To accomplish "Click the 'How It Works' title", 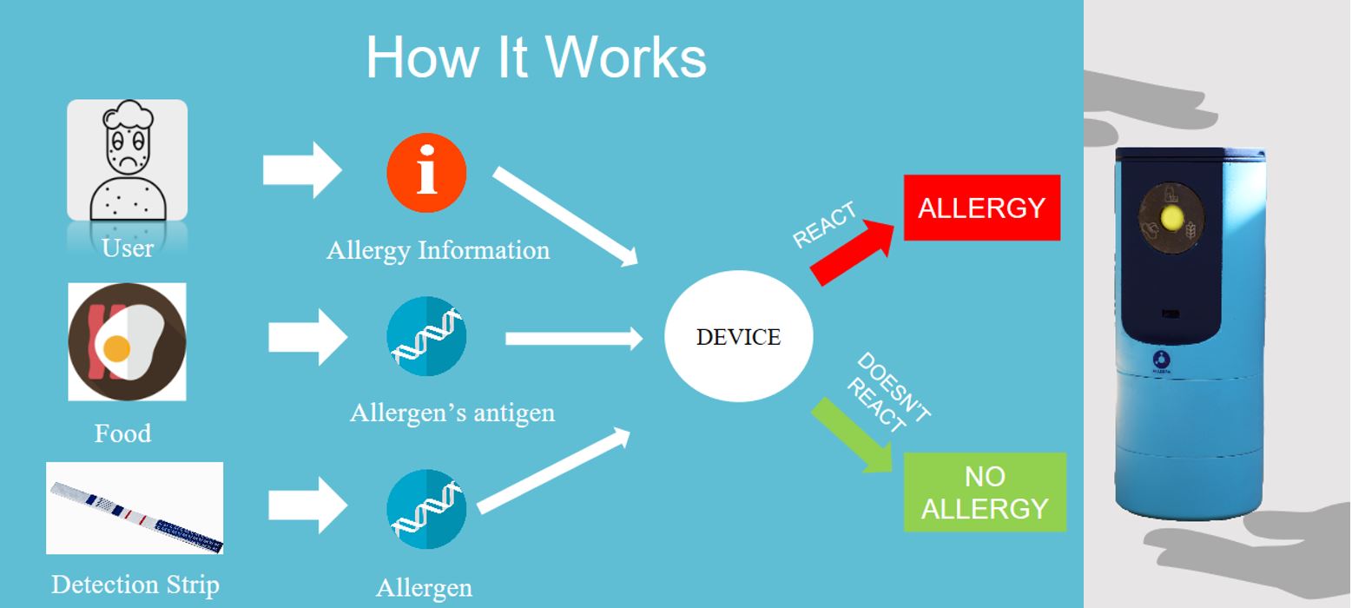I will (536, 57).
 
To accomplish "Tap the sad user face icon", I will (128, 160).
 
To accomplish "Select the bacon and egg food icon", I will (128, 341).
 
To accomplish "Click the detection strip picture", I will (135, 508).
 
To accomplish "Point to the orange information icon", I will (426, 173).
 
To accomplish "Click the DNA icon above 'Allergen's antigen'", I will (426, 336).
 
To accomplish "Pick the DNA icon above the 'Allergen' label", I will (426, 509).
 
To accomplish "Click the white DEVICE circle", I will (738, 336).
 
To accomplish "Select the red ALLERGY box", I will (981, 208).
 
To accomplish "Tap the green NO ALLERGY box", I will (985, 492).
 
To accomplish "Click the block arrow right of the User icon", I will (301, 169).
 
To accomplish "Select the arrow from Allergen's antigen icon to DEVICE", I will (573, 338).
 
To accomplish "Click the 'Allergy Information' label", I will (438, 250).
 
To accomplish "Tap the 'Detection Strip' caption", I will (135, 585).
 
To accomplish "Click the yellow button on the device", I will (1171, 216).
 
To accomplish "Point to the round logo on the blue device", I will (1163, 360).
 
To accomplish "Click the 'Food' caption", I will (122, 433).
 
